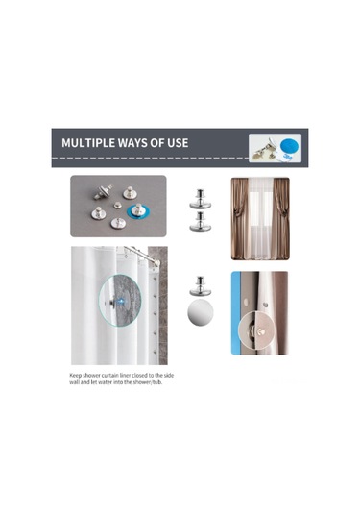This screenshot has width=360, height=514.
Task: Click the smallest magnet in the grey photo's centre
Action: coord(117,206)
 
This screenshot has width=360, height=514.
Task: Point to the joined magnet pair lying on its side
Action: coord(103,191)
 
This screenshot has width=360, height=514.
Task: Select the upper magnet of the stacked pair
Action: coord(200,199)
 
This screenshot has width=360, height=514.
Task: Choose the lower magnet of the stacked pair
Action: coord(200,222)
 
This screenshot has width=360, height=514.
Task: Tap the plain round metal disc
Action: coord(200,313)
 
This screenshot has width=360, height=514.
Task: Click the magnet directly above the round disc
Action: coord(200,286)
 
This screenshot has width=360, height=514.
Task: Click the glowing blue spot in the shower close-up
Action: coord(122,301)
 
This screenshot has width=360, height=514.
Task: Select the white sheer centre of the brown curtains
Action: coord(260,219)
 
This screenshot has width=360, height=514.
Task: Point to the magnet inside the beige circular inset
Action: coord(260,332)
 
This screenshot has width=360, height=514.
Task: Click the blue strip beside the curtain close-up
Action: coord(235,313)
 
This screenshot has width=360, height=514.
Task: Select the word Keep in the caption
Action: coord(75,376)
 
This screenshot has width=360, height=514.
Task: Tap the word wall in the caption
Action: coord(74,382)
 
